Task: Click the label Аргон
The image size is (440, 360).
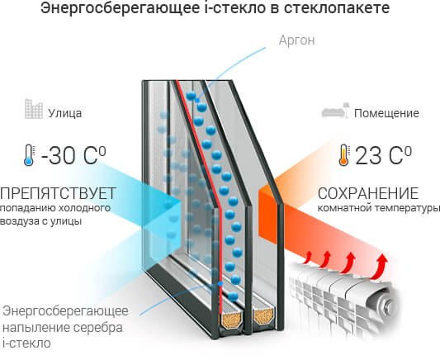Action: [x=296, y=40]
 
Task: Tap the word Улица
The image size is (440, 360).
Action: [x=65, y=113]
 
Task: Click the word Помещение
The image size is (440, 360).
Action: [x=386, y=113]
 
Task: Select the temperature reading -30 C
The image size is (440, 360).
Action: [x=73, y=155]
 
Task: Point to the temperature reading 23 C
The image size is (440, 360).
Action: [x=383, y=155]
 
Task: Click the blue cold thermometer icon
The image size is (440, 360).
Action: [x=29, y=155]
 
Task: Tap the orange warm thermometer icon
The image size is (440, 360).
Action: [x=343, y=155]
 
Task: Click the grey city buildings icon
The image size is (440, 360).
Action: [x=34, y=109]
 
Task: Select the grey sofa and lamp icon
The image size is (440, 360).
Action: [x=335, y=110]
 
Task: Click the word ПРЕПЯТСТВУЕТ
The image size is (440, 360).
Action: [x=58, y=193]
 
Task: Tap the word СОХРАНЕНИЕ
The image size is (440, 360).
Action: [x=368, y=193]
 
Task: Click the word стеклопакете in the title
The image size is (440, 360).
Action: [x=337, y=8]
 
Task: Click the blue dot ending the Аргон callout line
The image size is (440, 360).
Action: [x=197, y=100]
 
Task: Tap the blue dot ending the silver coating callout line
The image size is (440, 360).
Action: [x=220, y=284]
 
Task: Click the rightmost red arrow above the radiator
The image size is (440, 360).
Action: [x=380, y=268]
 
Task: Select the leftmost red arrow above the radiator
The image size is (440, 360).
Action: [x=307, y=258]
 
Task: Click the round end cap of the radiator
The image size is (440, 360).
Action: [x=388, y=304]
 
